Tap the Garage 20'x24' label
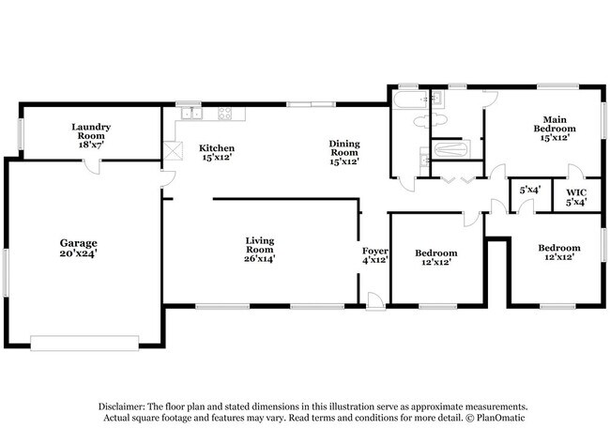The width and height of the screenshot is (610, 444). [x=79, y=248]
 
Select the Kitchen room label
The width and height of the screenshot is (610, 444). [x=216, y=154]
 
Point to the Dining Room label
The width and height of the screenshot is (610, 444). [x=344, y=150]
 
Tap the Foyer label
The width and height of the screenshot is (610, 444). [x=375, y=256]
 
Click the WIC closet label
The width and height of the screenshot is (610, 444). [x=575, y=195]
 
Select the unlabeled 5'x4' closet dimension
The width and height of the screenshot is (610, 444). [x=529, y=191]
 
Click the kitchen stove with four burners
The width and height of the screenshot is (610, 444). [x=226, y=115]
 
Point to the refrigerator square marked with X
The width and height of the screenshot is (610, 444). [x=172, y=151]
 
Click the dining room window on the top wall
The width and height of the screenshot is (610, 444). [x=310, y=104]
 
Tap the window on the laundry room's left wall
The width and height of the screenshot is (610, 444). [x=21, y=130]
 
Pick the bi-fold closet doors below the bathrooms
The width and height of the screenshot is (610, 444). [x=456, y=177]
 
